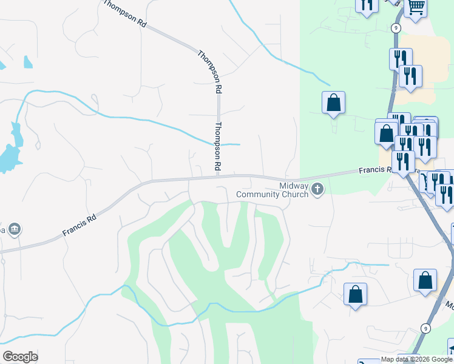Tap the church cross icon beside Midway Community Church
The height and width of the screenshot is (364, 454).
click(x=317, y=190)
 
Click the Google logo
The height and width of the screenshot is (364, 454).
click(x=20, y=357)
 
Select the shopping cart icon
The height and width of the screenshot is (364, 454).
click(x=416, y=8)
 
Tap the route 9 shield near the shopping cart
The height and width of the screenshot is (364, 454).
click(x=396, y=27)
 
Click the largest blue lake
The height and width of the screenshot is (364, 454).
click(x=8, y=158)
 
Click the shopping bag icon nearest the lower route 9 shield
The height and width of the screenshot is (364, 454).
click(x=425, y=280)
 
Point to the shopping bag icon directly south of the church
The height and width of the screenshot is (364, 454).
click(x=355, y=294)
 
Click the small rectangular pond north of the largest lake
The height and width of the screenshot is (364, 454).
click(x=28, y=62)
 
